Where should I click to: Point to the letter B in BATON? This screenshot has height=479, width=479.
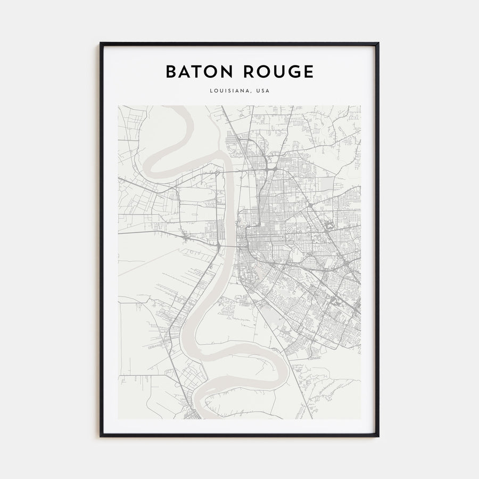pyautogui.click(x=170, y=72)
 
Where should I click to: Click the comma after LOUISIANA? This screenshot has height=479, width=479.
pyautogui.click(x=252, y=92)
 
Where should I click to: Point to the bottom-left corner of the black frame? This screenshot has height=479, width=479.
pyautogui.click(x=101, y=436)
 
